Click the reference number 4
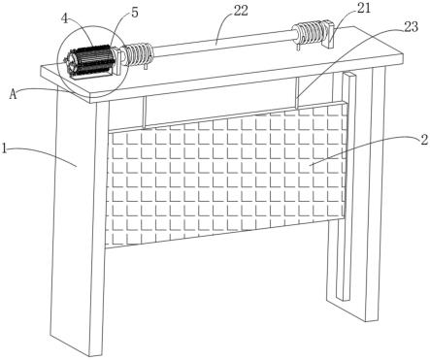pyautogui.click(x=65, y=18)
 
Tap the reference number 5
pyautogui.click(x=134, y=13)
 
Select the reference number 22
pyautogui.click(x=241, y=11)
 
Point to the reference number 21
pyautogui.click(x=363, y=8)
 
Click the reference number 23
pyautogui.click(x=411, y=27)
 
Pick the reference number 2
pyautogui.click(x=424, y=140)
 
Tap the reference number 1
pyautogui.click(x=4, y=149)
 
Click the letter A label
pyautogui.click(x=13, y=94)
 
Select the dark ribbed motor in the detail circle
pyautogui.click(x=88, y=61)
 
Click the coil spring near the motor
pyautogui.click(x=138, y=54)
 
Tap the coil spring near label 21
pyautogui.click(x=309, y=33)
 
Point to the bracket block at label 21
pyautogui.click(x=328, y=34)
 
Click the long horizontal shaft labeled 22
pyautogui.click(x=223, y=43)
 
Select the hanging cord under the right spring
pyautogui.click(x=297, y=93)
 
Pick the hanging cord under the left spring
pyautogui.click(x=144, y=113)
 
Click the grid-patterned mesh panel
pyautogui.click(x=226, y=177)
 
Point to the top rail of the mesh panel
pyautogui.click(x=227, y=117)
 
